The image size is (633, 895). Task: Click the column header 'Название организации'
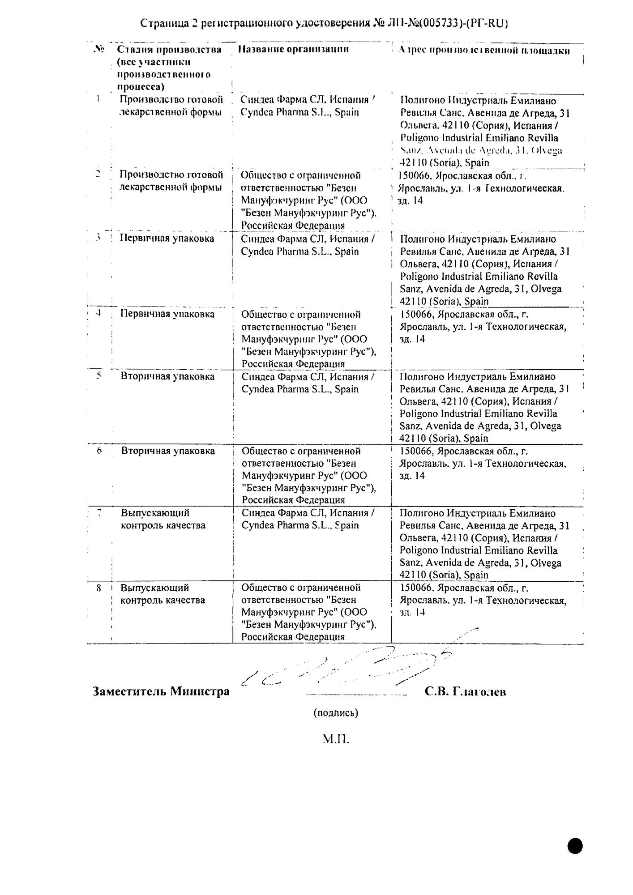(x=293, y=49)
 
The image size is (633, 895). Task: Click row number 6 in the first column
(x=99, y=451)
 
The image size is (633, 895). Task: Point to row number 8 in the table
(x=99, y=588)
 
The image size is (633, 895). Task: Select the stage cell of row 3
(x=167, y=238)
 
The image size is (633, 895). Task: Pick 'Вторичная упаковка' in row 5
(x=167, y=376)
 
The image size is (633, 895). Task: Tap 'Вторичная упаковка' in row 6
(x=168, y=451)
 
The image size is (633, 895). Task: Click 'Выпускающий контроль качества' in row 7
(x=163, y=519)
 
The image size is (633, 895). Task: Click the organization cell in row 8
(x=308, y=612)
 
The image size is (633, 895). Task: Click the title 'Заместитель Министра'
(x=161, y=691)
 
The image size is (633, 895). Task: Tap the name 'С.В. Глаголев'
(x=465, y=692)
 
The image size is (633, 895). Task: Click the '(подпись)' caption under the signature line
(x=335, y=713)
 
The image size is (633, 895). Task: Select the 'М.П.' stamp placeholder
(x=335, y=739)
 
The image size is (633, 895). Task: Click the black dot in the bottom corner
(x=575, y=845)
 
